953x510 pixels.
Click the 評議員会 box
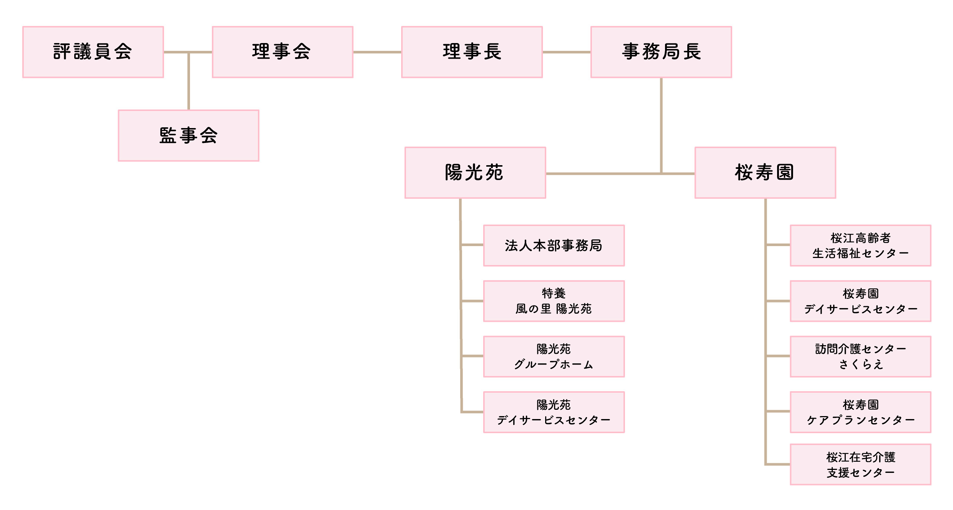tap(93, 52)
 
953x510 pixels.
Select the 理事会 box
tap(282, 52)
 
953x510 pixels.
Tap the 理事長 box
tap(472, 52)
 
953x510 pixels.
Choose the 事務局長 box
tap(661, 52)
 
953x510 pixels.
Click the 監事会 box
tap(189, 135)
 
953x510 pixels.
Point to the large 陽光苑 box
tap(475, 173)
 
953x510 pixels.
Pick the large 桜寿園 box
tap(765, 173)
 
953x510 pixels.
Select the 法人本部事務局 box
tap(554, 245)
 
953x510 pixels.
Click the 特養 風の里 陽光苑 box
tap(554, 301)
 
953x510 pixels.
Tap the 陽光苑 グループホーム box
tap(554, 356)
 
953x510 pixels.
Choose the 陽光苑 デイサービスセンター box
tap(554, 412)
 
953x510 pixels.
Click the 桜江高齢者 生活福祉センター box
tap(860, 245)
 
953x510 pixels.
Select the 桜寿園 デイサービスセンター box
tap(860, 301)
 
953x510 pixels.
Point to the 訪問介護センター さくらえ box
tap(860, 356)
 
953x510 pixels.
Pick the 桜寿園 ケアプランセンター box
tap(860, 412)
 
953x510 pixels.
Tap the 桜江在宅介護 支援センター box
tap(860, 464)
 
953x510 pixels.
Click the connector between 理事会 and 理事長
tap(377, 52)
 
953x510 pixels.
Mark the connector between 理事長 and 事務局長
tap(566, 52)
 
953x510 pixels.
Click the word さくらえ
tap(861, 364)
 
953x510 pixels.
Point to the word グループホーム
tap(554, 364)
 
